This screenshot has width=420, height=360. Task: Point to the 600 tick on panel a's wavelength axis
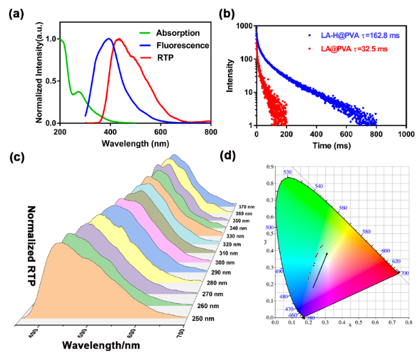tap(160, 131)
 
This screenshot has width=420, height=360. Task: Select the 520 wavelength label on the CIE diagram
tap(288, 173)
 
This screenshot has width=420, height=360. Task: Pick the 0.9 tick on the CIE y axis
tap(266, 167)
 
